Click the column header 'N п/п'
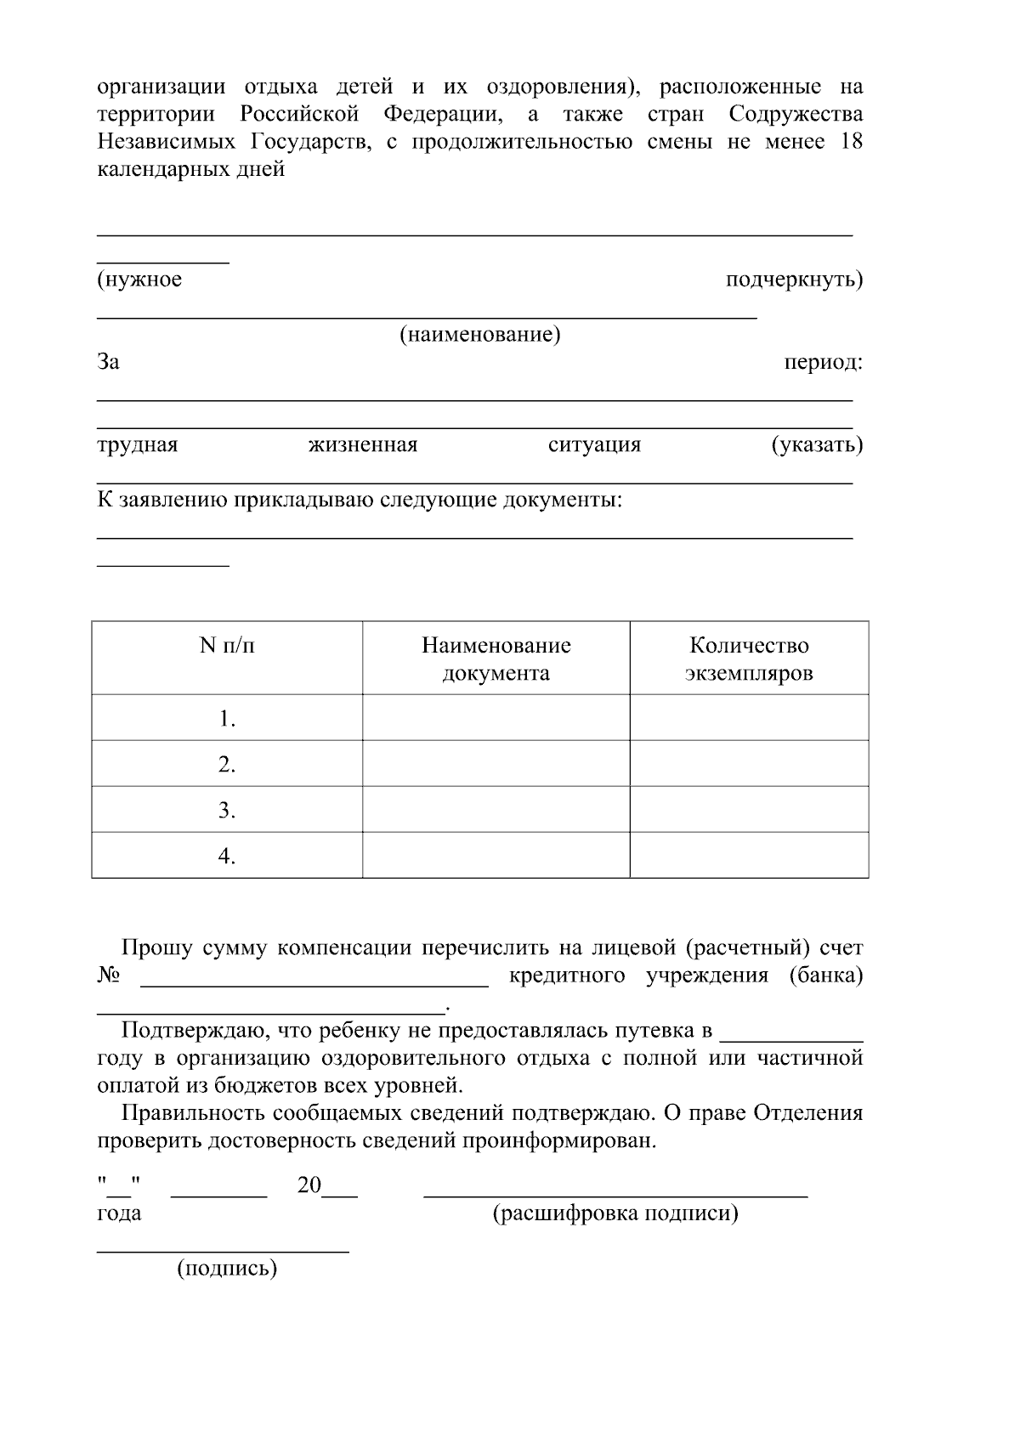[x=227, y=646]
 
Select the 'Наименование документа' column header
[x=496, y=659]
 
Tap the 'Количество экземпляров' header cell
[x=749, y=659]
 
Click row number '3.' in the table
[x=226, y=810]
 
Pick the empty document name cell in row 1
[x=496, y=718]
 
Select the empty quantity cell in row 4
[x=749, y=855]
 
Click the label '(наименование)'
[x=480, y=334]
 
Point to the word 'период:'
[x=822, y=362]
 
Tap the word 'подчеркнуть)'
[x=794, y=279]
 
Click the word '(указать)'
[x=817, y=444]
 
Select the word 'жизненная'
[x=363, y=444]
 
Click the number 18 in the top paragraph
[x=851, y=141]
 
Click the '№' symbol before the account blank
[x=108, y=975]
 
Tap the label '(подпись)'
[x=227, y=1269]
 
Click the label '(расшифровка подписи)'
[x=615, y=1213]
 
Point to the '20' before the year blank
[x=309, y=1185]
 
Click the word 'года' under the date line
[x=119, y=1213]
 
